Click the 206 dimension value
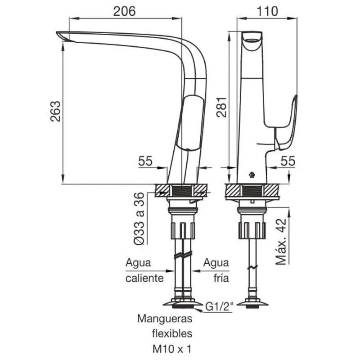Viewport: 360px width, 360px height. (125, 11)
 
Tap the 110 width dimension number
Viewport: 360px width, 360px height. (267, 11)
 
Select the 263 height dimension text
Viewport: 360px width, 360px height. (55, 111)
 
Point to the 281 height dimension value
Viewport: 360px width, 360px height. (221, 107)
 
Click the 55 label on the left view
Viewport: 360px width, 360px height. (145, 161)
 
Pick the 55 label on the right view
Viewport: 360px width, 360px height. (288, 161)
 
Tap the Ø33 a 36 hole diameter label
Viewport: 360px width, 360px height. (139, 219)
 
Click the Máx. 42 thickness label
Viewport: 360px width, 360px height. (281, 242)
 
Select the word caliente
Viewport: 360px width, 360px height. (144, 278)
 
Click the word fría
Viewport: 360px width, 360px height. (221, 278)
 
